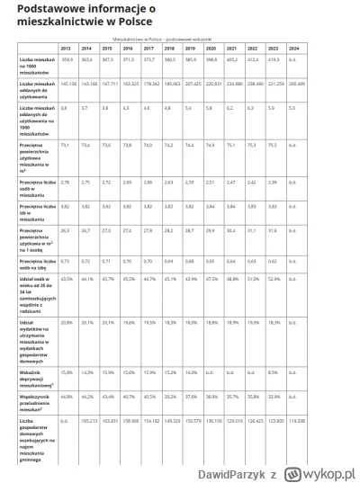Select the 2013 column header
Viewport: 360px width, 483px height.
point(66,48)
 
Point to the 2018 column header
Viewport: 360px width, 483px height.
point(170,48)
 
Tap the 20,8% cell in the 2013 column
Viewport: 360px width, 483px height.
point(66,321)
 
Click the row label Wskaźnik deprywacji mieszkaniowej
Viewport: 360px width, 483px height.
point(37,375)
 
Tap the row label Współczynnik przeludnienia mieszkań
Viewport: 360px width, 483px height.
point(37,399)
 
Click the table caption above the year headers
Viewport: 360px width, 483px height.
point(171,40)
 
